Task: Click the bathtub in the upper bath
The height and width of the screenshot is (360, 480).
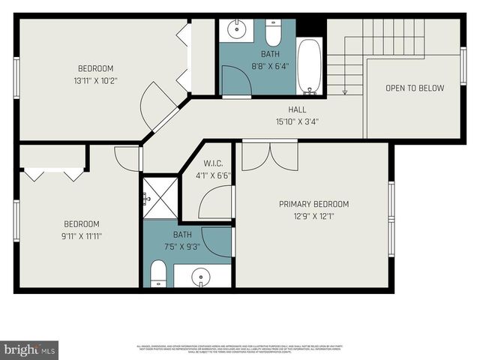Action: (308, 66)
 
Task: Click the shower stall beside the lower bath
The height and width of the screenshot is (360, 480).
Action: (160, 197)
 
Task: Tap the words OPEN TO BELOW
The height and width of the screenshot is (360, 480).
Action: (414, 88)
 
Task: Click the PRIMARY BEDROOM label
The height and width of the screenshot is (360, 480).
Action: (313, 204)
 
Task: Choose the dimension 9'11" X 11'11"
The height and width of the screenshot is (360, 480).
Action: (81, 236)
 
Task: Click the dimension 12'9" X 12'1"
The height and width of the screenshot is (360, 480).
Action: (313, 216)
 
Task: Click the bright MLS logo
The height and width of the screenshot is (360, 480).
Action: (30, 349)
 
